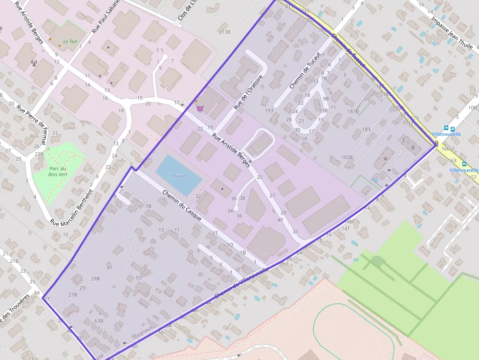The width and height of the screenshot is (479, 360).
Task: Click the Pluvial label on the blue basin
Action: point(179,176)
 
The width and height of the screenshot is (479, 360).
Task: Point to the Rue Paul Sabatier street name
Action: point(104,18)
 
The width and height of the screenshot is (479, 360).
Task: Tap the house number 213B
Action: point(224,32)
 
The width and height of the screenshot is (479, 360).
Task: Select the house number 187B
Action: point(353,111)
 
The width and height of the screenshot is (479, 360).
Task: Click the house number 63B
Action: point(99,321)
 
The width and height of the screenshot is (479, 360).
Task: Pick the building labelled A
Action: point(385,159)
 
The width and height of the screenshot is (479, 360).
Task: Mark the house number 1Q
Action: point(229,245)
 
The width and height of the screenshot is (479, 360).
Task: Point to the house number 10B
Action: point(472,107)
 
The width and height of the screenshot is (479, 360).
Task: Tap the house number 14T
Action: point(346,228)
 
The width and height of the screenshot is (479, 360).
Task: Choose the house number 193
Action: point(269,110)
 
